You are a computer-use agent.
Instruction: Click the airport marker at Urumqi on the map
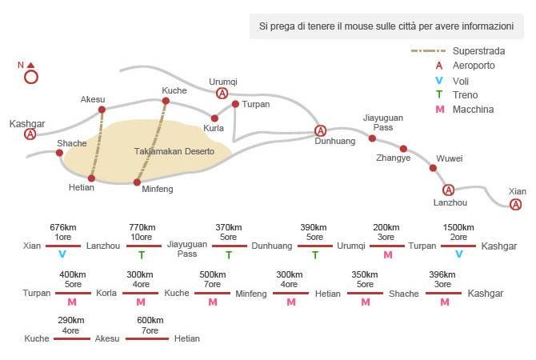222,93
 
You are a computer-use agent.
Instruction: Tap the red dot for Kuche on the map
166,101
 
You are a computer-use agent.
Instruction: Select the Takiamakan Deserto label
174,151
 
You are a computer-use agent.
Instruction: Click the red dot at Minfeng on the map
137,182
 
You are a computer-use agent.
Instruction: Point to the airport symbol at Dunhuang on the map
320,130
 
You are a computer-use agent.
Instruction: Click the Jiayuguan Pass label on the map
383,122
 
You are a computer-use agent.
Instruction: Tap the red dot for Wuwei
433,168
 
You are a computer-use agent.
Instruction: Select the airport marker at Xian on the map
515,205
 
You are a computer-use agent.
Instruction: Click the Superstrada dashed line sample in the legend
428,51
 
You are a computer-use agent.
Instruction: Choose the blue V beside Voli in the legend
439,81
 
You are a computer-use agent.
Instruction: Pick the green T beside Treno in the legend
439,94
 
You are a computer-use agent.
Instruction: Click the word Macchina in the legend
473,110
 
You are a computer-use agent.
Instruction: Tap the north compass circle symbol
31,78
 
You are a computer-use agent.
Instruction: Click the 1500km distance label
458,227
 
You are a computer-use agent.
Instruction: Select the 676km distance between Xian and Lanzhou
63,227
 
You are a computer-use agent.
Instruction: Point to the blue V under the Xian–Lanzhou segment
62,254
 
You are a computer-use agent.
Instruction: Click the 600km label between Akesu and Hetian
150,320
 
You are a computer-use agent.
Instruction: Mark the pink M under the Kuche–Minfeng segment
213,302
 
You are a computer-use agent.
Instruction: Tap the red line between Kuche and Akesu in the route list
72,339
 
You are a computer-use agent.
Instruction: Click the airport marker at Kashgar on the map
30,134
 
